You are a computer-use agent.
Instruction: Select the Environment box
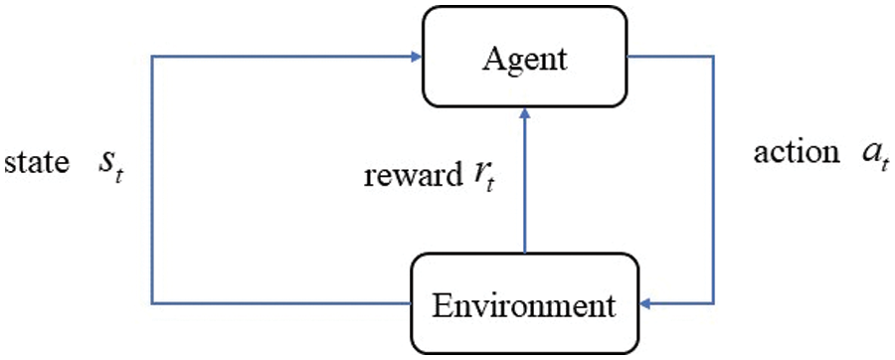tap(524, 302)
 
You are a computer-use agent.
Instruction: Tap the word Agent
tap(525, 59)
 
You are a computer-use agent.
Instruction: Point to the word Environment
tap(524, 303)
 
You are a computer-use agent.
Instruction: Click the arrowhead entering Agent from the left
tap(416, 57)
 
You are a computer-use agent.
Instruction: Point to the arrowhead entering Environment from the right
tap(645, 302)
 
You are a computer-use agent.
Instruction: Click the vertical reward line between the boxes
tap(524, 189)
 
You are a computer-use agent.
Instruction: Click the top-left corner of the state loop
tap(151, 57)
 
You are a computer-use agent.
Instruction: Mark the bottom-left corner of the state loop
tap(151, 302)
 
